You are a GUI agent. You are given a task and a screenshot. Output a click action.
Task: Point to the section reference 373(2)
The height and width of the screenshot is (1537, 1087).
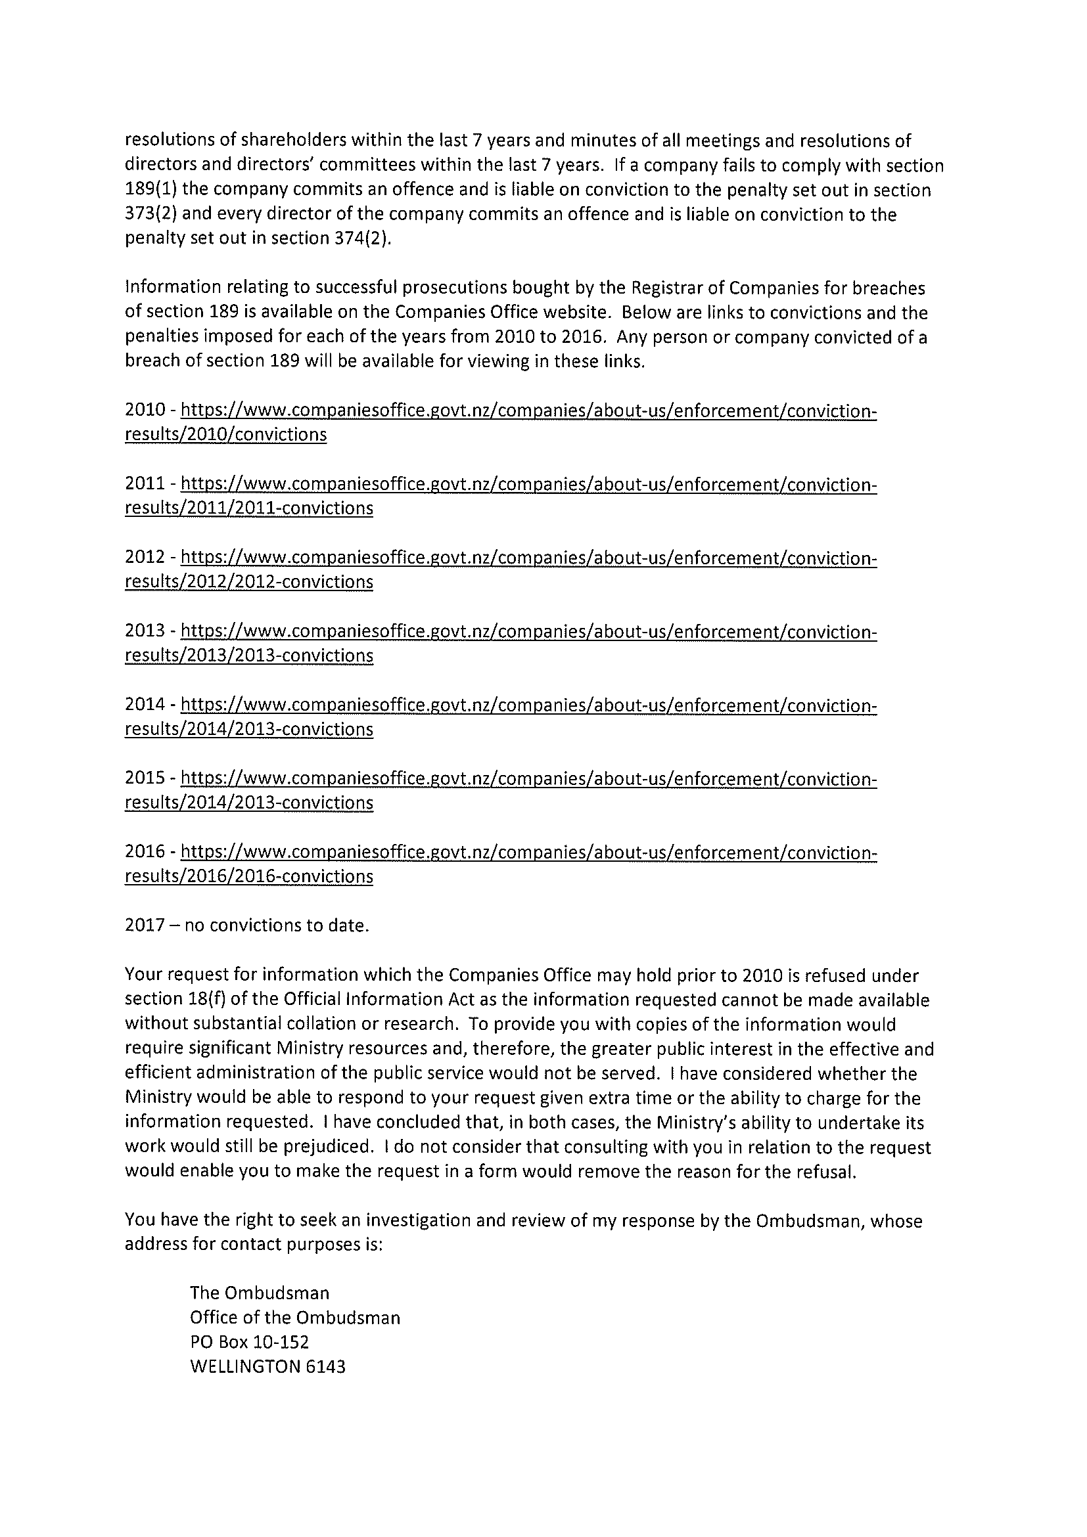point(149,215)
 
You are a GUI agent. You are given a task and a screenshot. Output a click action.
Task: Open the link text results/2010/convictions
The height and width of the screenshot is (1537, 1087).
point(225,434)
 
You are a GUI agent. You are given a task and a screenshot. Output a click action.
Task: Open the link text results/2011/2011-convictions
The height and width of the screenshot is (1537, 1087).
point(248,508)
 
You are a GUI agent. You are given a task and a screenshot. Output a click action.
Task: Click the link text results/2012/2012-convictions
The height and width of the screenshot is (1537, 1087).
point(248,582)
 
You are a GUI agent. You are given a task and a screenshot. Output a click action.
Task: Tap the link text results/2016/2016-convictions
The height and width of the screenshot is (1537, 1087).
point(248,876)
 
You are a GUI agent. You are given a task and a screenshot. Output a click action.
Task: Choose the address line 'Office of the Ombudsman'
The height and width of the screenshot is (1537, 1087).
point(294,1318)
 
